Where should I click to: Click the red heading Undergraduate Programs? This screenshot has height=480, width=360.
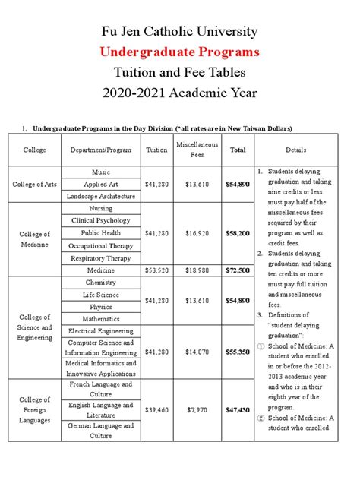tap(180, 52)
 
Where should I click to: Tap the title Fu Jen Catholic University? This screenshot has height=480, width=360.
tap(180, 32)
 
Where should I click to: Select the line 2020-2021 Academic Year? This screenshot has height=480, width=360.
tap(180, 93)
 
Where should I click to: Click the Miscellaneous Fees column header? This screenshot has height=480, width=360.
tap(197, 150)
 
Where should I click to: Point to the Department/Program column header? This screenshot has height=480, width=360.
tap(101, 150)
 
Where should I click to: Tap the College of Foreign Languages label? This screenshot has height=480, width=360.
tap(35, 409)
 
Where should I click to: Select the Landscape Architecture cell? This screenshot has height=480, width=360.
tap(101, 196)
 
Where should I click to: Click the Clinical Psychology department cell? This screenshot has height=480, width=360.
tap(101, 220)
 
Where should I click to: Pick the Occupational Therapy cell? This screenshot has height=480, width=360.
tap(101, 246)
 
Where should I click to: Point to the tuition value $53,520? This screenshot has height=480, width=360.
tap(156, 270)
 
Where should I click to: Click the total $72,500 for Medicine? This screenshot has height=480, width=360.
tap(238, 270)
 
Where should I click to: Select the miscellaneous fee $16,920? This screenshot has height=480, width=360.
tap(197, 233)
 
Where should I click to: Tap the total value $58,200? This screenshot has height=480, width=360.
tap(238, 233)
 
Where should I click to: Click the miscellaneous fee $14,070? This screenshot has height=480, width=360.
tap(197, 352)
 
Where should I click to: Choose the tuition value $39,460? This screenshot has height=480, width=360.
tap(156, 410)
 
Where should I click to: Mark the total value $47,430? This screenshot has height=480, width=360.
tap(238, 410)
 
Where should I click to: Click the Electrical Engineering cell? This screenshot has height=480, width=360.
tap(101, 331)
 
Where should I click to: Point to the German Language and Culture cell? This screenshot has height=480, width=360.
tap(101, 431)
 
